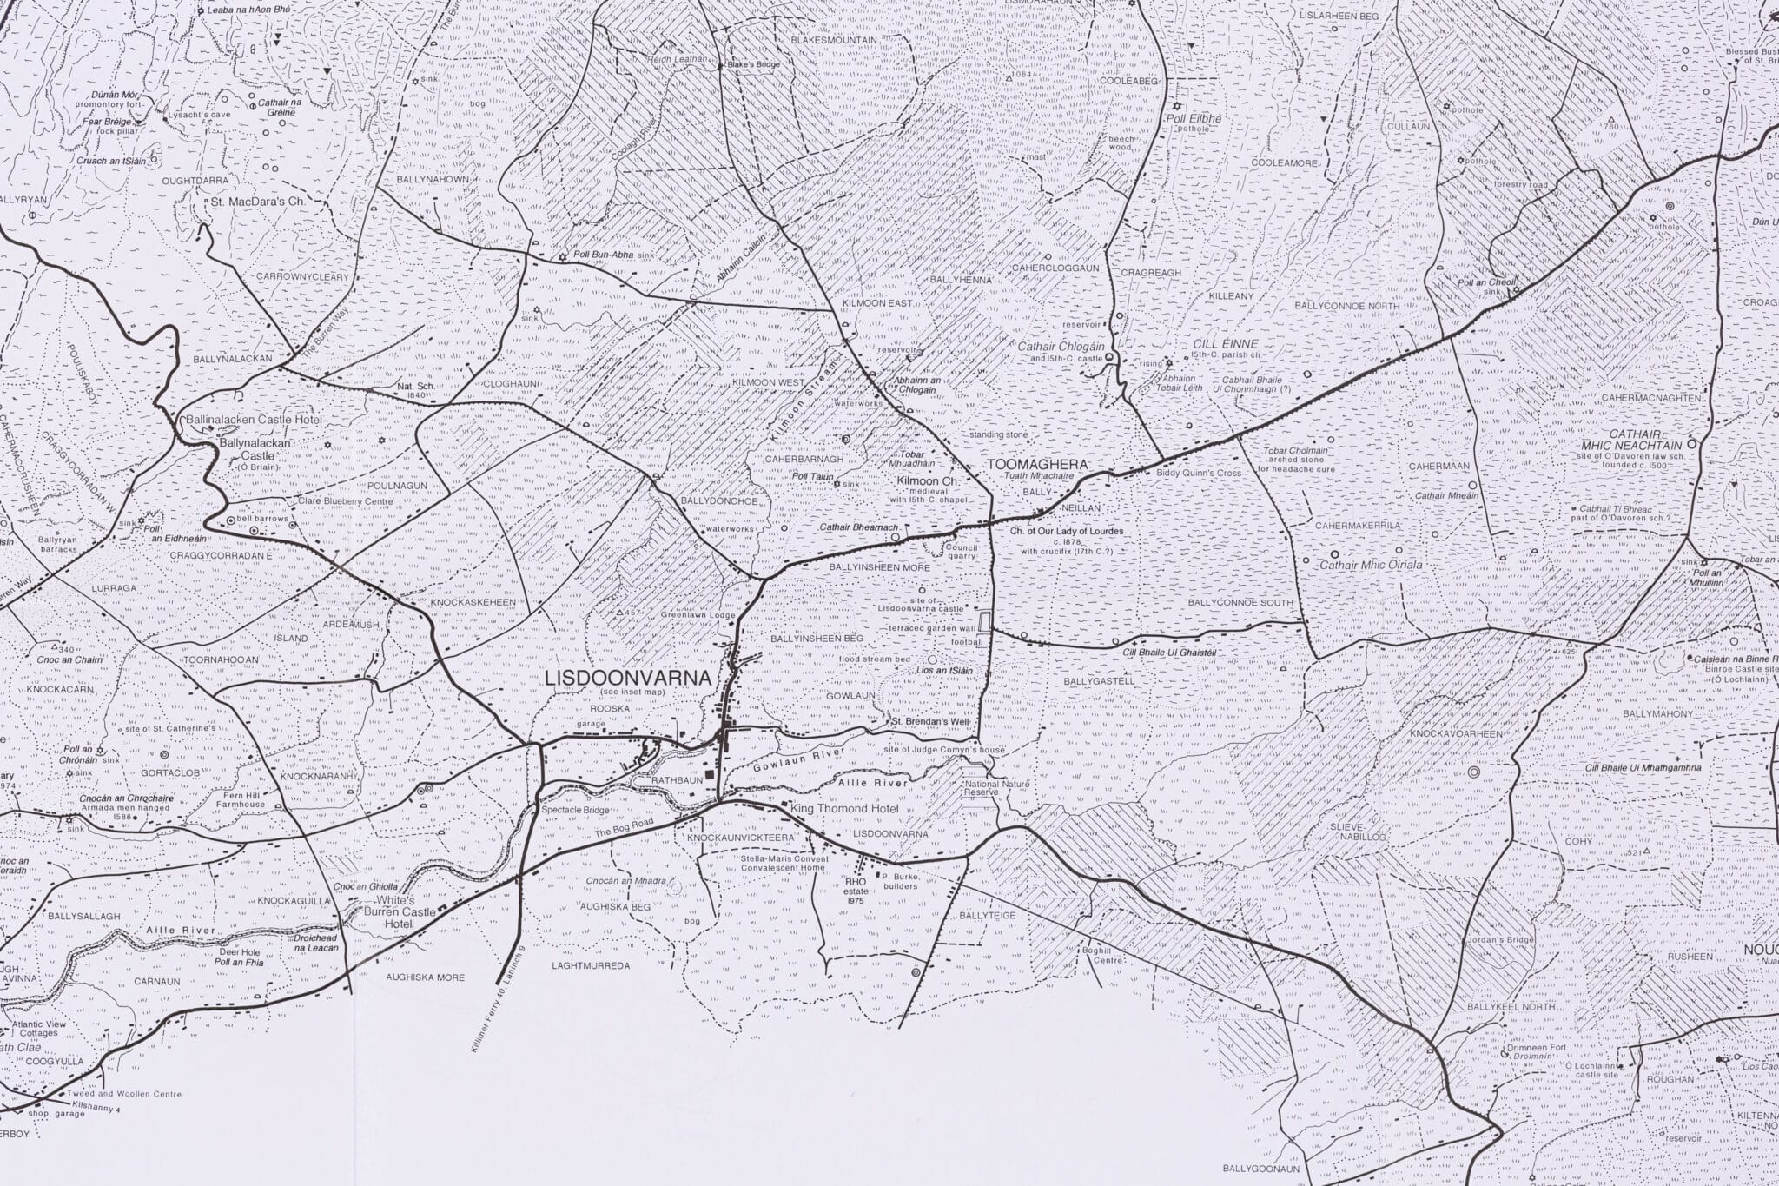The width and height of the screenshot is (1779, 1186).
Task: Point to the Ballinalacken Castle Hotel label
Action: [254, 420]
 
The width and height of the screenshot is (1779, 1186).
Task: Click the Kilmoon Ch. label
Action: [927, 480]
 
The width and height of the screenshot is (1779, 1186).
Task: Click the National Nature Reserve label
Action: [996, 789]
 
